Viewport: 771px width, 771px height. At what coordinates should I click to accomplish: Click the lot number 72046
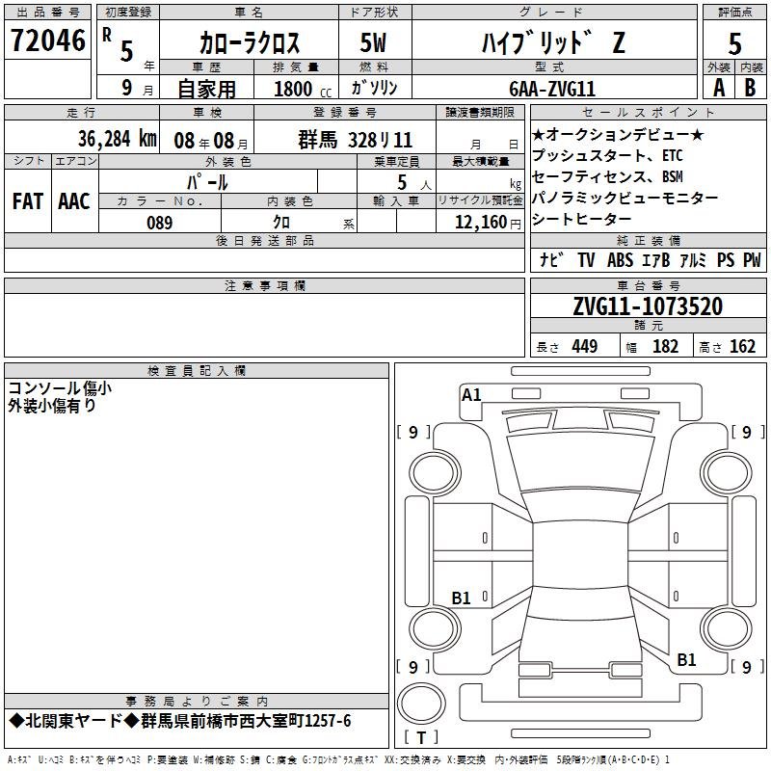48,40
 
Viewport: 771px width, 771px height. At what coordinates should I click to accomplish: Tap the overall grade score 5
734,43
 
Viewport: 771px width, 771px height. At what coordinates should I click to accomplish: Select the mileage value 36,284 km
117,139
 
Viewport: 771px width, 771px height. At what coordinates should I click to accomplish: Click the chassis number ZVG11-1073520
648,306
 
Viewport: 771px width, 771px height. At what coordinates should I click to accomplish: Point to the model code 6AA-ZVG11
552,89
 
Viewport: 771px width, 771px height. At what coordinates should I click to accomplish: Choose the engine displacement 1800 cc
303,89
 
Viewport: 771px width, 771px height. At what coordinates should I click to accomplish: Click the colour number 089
159,223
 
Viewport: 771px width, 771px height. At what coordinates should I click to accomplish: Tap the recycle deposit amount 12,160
480,223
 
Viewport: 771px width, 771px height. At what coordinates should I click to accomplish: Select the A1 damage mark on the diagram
471,395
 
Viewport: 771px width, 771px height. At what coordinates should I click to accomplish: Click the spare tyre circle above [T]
421,704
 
